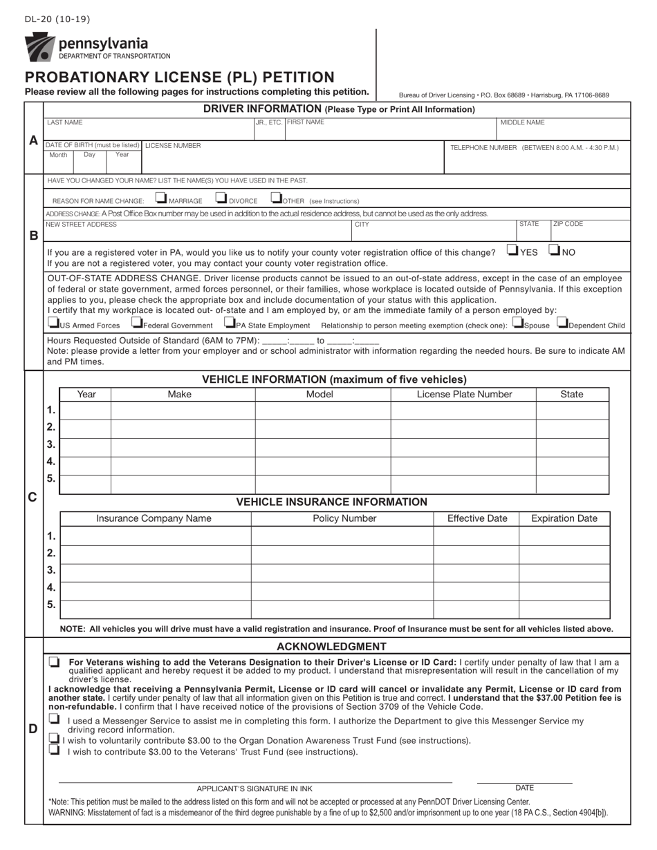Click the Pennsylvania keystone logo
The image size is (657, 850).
click(x=39, y=46)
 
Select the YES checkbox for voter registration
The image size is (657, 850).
click(x=512, y=250)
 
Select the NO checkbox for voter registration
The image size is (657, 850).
click(x=555, y=250)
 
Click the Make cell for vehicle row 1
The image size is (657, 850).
click(x=183, y=410)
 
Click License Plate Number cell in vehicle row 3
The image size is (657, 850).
click(x=463, y=444)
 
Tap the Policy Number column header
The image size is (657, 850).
click(x=344, y=518)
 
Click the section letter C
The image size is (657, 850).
click(x=33, y=497)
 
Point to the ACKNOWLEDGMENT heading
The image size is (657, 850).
click(x=331, y=647)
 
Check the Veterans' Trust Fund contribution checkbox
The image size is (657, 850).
click(x=55, y=750)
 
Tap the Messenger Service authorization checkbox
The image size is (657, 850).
click(x=55, y=719)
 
